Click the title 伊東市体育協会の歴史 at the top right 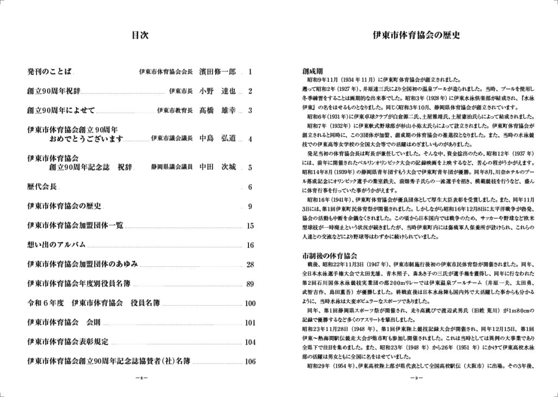pyautogui.click(x=416, y=36)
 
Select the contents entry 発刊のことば pyautogui.click(x=50, y=71)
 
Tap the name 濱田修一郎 pyautogui.click(x=217, y=71)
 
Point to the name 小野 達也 pyautogui.click(x=217, y=91)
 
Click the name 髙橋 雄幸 pyautogui.click(x=217, y=111)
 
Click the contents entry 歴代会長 pyautogui.click(x=42, y=187)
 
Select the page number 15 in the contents pyautogui.click(x=250, y=226)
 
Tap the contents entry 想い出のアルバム pyautogui.click(x=57, y=245)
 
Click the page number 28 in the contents pyautogui.click(x=250, y=265)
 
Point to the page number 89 pyautogui.click(x=250, y=284)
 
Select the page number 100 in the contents pyautogui.click(x=250, y=303)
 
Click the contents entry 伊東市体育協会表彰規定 pyautogui.click(x=68, y=341)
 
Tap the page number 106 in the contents pyautogui.click(x=250, y=361)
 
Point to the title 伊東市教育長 pyautogui.click(x=174, y=111)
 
